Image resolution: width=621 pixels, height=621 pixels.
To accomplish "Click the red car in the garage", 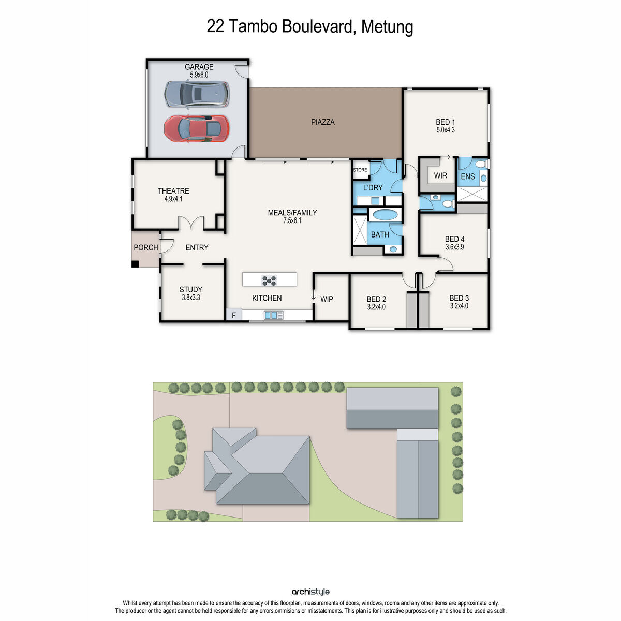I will tap(196, 128).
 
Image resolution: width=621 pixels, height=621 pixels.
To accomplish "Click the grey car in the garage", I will tap(196, 94).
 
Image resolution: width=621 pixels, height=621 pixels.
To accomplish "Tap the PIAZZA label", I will tap(323, 122).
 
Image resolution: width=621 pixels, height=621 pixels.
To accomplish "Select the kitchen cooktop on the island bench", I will tap(269, 280).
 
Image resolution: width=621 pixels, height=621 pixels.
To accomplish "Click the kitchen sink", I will tap(273, 315).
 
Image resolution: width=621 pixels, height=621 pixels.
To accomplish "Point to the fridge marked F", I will tap(234, 315).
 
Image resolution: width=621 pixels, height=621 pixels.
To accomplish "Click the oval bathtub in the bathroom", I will tap(385, 215).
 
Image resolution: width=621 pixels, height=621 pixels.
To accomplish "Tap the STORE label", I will tap(360, 170).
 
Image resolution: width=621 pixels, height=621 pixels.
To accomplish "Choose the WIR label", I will tap(440, 176).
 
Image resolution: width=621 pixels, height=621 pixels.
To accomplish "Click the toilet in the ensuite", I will tap(481, 164).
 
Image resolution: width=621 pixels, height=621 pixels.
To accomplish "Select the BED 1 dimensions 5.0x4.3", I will tap(445, 130).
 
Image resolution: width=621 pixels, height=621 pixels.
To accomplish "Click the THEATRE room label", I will tap(173, 191).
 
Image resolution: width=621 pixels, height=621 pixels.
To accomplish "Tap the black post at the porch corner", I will tap(135, 264).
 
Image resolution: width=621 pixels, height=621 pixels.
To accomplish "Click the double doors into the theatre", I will tap(192, 224).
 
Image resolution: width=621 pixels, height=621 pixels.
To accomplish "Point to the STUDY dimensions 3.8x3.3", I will tap(190, 298).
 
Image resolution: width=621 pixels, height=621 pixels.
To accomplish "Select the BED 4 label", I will tap(454, 239).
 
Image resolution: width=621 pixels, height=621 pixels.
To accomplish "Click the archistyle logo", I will tap(310, 592).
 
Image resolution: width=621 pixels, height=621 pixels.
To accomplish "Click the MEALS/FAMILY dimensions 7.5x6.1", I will tap(292, 220).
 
